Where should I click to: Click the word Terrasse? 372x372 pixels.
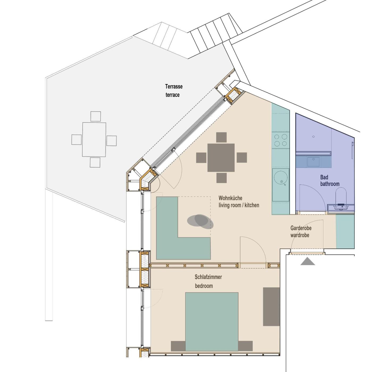click(x=174, y=86)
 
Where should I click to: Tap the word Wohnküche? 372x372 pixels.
click(x=230, y=198)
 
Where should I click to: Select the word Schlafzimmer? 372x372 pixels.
click(x=208, y=277)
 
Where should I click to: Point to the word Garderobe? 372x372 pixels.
click(x=301, y=228)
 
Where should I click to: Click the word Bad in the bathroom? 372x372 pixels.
click(x=324, y=177)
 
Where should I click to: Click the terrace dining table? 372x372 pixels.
click(x=94, y=139)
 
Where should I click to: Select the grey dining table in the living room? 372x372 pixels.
click(x=221, y=158)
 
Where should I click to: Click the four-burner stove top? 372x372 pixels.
click(x=281, y=140)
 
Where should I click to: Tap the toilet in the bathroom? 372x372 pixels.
click(x=341, y=197)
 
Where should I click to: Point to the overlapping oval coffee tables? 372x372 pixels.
click(x=200, y=221)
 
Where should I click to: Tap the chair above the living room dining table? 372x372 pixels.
click(x=221, y=137)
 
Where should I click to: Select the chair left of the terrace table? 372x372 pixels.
click(x=77, y=139)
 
